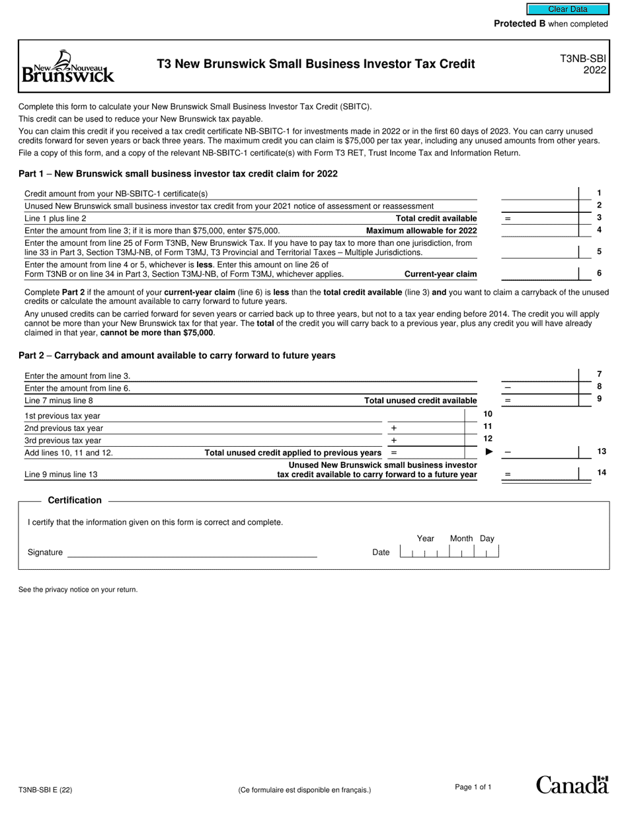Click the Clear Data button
tap(567, 9)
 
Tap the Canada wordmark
tap(572, 785)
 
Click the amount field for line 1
tap(539, 193)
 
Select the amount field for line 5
tap(539, 251)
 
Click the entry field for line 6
tap(539, 274)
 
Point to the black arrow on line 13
tap(490, 452)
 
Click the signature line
tap(192, 553)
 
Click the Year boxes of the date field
tap(424, 552)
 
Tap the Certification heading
tap(75, 500)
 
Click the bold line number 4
tap(599, 230)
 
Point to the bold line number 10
tap(488, 414)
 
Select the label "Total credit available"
tap(436, 218)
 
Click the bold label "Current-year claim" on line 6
tap(440, 274)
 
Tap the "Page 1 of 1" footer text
tap(473, 787)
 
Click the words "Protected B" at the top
tap(520, 24)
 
